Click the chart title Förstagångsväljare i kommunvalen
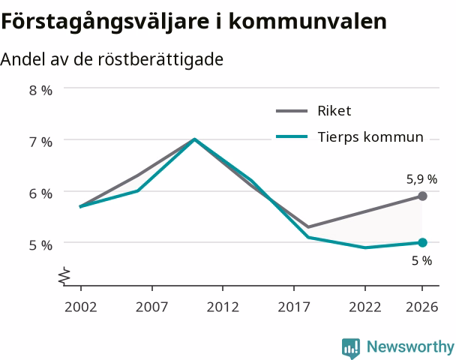tap(194, 22)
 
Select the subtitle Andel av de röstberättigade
tap(112, 59)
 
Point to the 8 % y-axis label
tap(40, 91)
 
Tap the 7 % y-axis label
tap(40, 142)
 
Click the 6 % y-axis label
tap(40, 193)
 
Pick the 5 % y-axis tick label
tap(40, 245)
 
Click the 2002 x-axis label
tap(80, 307)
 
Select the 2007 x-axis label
tap(151, 307)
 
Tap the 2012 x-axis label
tap(223, 307)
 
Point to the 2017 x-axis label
tap(294, 307)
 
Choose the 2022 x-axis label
tap(365, 307)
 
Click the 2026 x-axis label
tap(422, 307)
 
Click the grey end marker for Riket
tap(422, 196)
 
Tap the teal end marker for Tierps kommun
tap(422, 242)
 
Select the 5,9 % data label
tap(421, 179)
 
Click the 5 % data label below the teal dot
tap(422, 261)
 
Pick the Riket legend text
tap(334, 111)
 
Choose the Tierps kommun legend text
tap(370, 137)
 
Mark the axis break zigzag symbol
tap(64, 275)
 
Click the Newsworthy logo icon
tap(351, 348)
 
